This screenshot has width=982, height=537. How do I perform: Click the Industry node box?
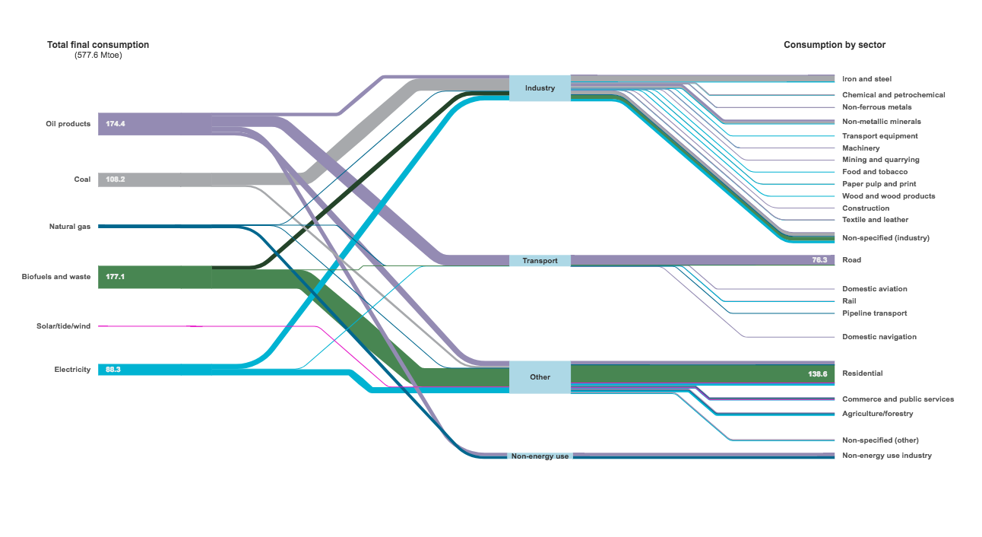540,88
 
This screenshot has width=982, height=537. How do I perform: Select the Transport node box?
540,261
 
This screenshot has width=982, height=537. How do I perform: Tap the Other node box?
540,377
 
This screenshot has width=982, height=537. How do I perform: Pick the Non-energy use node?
540,456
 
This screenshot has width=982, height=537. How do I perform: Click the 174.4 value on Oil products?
116,124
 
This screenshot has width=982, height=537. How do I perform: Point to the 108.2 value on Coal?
116,180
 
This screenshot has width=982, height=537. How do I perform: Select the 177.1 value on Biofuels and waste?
115,277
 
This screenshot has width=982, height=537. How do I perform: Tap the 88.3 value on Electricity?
113,370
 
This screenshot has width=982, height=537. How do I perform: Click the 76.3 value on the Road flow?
819,260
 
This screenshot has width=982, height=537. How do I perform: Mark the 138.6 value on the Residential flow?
818,373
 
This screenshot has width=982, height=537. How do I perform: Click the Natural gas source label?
70,227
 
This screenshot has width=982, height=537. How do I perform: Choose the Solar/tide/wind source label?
64,326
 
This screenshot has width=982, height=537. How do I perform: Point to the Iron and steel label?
866,79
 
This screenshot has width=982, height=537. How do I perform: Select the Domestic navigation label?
879,337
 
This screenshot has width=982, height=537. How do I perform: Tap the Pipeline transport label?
874,313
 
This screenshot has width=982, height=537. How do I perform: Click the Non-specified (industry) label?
885,238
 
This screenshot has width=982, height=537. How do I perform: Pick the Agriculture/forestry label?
877,414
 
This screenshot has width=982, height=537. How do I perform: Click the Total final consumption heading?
98,45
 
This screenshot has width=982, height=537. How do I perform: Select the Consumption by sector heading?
835,45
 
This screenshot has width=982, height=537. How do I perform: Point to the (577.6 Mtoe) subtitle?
98,56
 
